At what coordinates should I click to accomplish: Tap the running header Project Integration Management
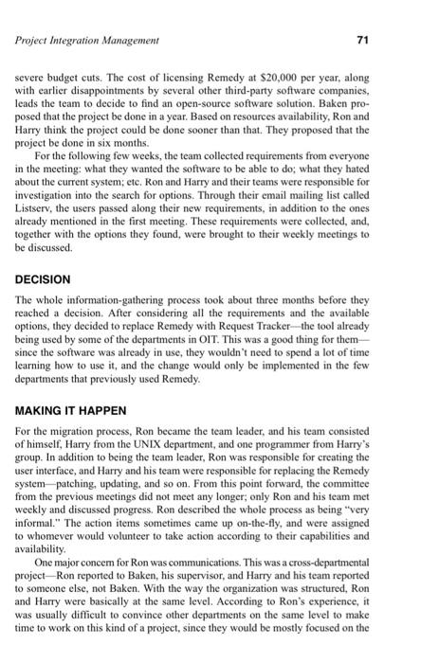pos(87,41)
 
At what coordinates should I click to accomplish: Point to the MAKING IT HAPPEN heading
pos(74,411)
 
